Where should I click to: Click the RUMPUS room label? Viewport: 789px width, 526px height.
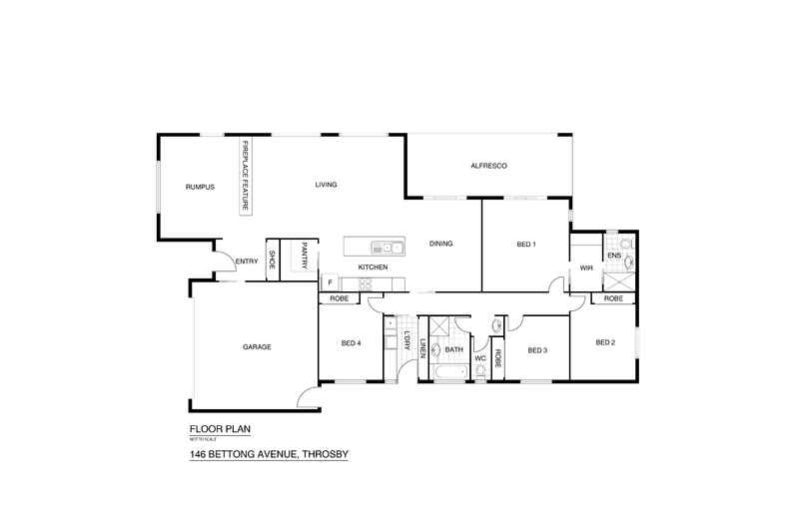(x=200, y=187)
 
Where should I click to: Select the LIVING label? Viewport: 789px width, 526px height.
(x=327, y=185)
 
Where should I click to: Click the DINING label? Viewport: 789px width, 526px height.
(x=441, y=244)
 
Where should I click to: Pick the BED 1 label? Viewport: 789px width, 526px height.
(x=526, y=245)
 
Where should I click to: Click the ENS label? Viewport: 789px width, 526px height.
(x=614, y=256)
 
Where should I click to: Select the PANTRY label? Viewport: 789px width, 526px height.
(x=304, y=258)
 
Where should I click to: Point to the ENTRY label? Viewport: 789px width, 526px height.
(x=247, y=263)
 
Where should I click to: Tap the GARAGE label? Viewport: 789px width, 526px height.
(x=257, y=346)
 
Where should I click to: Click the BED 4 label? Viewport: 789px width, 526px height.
(x=351, y=343)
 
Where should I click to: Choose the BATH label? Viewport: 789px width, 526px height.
(x=453, y=349)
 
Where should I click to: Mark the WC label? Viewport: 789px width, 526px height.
(x=479, y=357)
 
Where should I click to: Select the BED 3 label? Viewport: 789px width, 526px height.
(x=537, y=350)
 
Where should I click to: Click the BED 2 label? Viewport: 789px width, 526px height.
(x=605, y=342)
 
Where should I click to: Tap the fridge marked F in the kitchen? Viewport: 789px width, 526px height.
(x=329, y=283)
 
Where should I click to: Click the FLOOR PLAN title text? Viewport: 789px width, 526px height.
(x=220, y=429)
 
